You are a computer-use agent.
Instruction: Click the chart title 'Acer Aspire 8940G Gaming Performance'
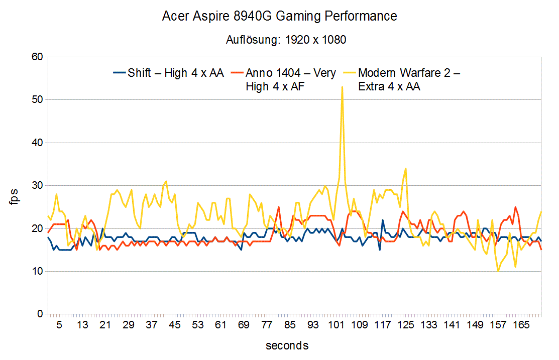click(x=279, y=16)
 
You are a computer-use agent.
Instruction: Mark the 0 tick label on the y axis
click(x=40, y=314)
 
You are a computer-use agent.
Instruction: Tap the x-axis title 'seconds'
click(x=287, y=345)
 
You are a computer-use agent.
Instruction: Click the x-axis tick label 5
click(x=59, y=325)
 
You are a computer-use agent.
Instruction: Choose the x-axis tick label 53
click(x=198, y=325)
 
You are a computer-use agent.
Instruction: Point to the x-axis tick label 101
click(x=337, y=325)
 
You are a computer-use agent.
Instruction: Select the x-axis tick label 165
click(x=521, y=325)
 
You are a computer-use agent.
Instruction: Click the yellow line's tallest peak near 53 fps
click(x=342, y=87)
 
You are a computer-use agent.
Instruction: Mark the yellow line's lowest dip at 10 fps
click(x=498, y=271)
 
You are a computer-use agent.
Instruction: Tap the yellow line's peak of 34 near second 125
click(x=405, y=169)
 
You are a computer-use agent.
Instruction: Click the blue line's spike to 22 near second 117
click(x=383, y=220)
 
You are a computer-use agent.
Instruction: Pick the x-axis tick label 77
click(x=267, y=325)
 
